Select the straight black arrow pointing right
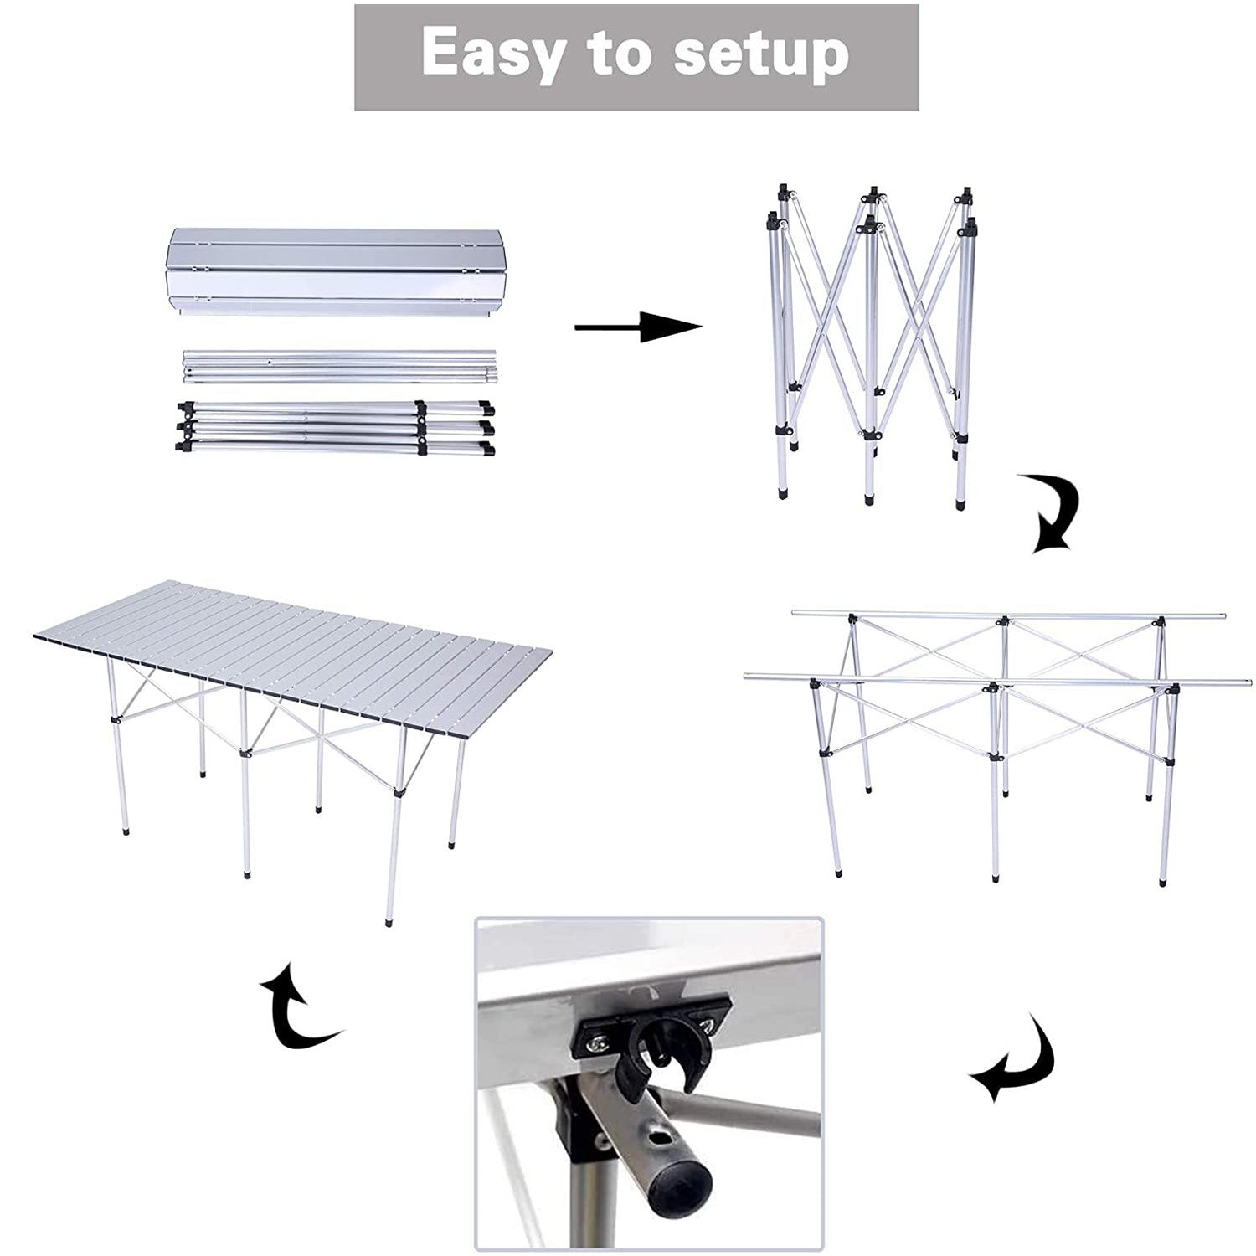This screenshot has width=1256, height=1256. point(638,327)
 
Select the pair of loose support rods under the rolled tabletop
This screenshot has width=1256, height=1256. point(339,368)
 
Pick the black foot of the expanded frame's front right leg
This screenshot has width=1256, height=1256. point(1162,883)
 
